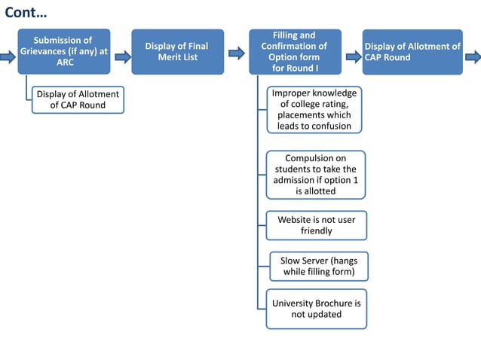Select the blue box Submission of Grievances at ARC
click(64, 51)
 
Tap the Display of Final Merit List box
click(177, 52)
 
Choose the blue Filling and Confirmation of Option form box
click(295, 52)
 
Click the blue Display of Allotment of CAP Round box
click(412, 52)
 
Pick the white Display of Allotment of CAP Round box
click(78, 99)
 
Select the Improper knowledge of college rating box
click(314, 110)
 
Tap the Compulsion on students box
click(315, 175)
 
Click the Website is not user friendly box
click(316, 225)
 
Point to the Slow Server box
click(319, 266)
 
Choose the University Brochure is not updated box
click(316, 308)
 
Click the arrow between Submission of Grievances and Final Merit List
click(123, 56)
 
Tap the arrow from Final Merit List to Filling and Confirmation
click(236, 53)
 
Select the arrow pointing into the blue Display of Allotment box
click(353, 56)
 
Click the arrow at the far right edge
click(473, 56)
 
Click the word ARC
click(66, 63)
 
